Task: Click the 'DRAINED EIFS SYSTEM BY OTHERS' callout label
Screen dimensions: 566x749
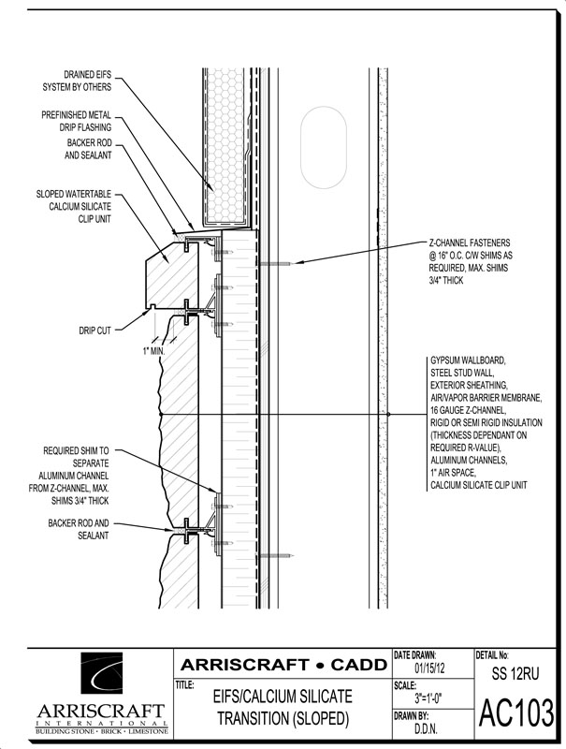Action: tap(77, 81)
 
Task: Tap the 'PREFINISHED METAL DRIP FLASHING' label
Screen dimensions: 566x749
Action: tap(77, 121)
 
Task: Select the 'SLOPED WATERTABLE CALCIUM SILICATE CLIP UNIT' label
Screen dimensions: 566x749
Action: tap(74, 206)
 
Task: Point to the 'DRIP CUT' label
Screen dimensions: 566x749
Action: tap(95, 330)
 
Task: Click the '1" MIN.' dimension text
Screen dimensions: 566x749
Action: tap(153, 351)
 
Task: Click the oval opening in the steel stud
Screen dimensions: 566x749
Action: tap(323, 147)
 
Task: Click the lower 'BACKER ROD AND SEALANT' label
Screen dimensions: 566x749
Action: tap(79, 529)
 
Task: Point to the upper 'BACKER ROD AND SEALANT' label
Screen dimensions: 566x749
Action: tap(88, 149)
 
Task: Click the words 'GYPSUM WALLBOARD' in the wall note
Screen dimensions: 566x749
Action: tap(467, 360)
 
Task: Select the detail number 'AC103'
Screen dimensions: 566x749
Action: tap(516, 712)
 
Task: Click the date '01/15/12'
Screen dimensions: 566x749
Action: tap(429, 668)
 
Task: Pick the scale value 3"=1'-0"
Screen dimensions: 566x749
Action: tap(428, 698)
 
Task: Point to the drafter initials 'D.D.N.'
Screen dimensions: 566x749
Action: tap(427, 729)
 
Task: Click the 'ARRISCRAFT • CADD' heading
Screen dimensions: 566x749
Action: tap(283, 665)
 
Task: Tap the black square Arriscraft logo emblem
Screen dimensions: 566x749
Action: tap(101, 675)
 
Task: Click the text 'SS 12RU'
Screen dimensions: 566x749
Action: tap(515, 673)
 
